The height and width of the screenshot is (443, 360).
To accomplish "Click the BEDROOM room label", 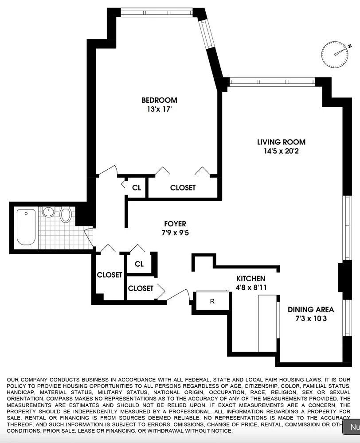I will pyautogui.click(x=159, y=100).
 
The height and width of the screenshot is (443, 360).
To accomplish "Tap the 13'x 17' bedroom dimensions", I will pyautogui.click(x=159, y=109).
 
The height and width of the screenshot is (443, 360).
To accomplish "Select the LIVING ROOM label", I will pyautogui.click(x=282, y=142).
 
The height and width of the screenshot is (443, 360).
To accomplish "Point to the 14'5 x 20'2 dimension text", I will pyautogui.click(x=282, y=151).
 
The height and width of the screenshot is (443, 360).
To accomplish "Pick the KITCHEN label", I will pyautogui.click(x=250, y=279).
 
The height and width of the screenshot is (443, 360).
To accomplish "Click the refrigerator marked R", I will pyautogui.click(x=212, y=302).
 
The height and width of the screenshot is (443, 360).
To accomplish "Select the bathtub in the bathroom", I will pyautogui.click(x=26, y=227).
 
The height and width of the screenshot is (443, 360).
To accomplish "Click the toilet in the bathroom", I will pyautogui.click(x=66, y=215).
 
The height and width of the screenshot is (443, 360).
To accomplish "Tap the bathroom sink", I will pyautogui.click(x=48, y=212).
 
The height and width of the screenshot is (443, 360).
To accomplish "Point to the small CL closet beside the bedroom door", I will pyautogui.click(x=137, y=187).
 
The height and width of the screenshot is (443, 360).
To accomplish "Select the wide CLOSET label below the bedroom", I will pyautogui.click(x=183, y=188).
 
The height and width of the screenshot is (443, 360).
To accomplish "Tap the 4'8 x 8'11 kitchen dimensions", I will pyautogui.click(x=250, y=288).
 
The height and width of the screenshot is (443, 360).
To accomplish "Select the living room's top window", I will pyautogui.click(x=272, y=81).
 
